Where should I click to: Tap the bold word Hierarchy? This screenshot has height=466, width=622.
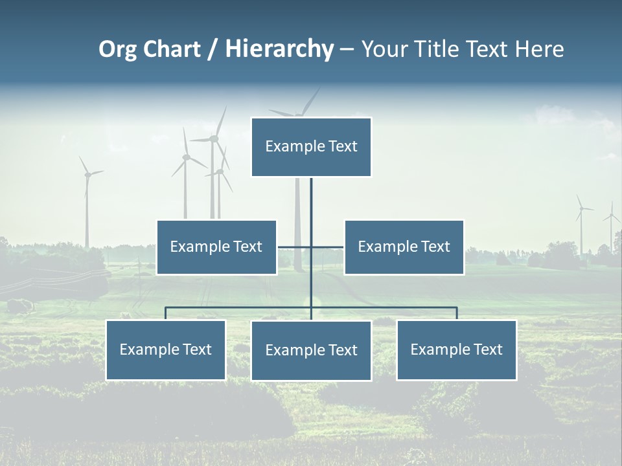[279, 49]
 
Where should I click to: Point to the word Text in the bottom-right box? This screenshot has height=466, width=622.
[487, 349]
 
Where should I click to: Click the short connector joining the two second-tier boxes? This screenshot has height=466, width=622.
[295, 247]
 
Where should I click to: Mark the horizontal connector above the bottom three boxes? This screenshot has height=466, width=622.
[240, 307]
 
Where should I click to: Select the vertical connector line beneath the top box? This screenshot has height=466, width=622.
[311, 207]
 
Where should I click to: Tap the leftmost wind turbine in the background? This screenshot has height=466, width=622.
[86, 201]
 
